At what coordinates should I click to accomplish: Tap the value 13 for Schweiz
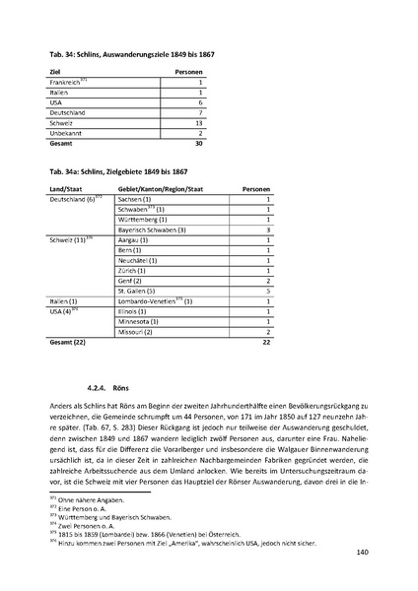pyautogui.click(x=199, y=122)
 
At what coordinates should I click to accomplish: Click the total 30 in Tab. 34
pyautogui.click(x=198, y=143)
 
